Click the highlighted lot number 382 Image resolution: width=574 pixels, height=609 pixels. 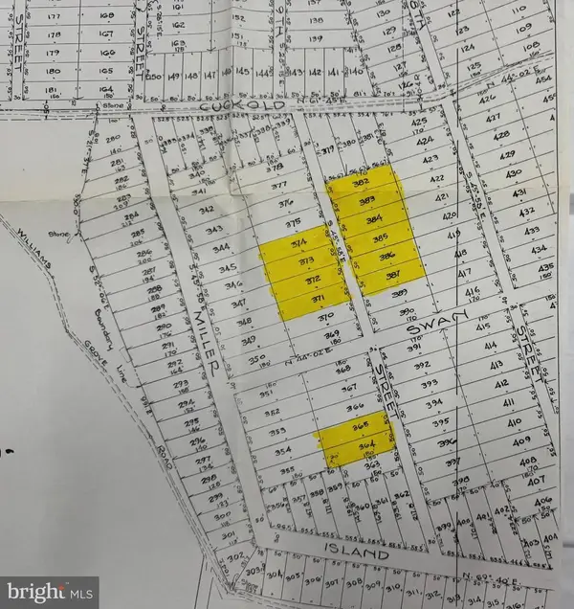pos(362,182)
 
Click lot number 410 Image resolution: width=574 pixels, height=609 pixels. pos(513,421)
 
